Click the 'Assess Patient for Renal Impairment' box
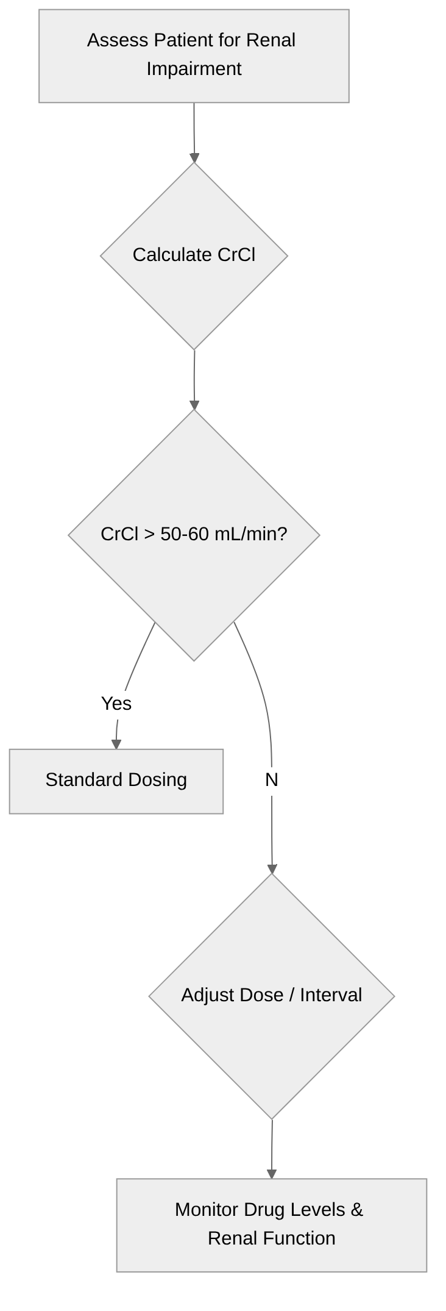(194, 55)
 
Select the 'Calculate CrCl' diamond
(194, 255)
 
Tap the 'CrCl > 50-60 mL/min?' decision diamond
(194, 535)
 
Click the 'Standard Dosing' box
(116, 781)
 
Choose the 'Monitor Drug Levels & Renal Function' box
(272, 1225)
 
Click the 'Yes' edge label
(116, 704)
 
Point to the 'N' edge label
(272, 780)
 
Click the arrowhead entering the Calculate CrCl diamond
(194, 159)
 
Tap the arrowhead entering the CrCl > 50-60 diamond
(194, 405)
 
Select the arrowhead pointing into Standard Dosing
(116, 744)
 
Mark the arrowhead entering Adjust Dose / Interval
(272, 869)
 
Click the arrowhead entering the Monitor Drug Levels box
(272, 1174)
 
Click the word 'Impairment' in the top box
(194, 69)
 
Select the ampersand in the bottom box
(357, 1210)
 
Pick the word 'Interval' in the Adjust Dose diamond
(331, 995)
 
